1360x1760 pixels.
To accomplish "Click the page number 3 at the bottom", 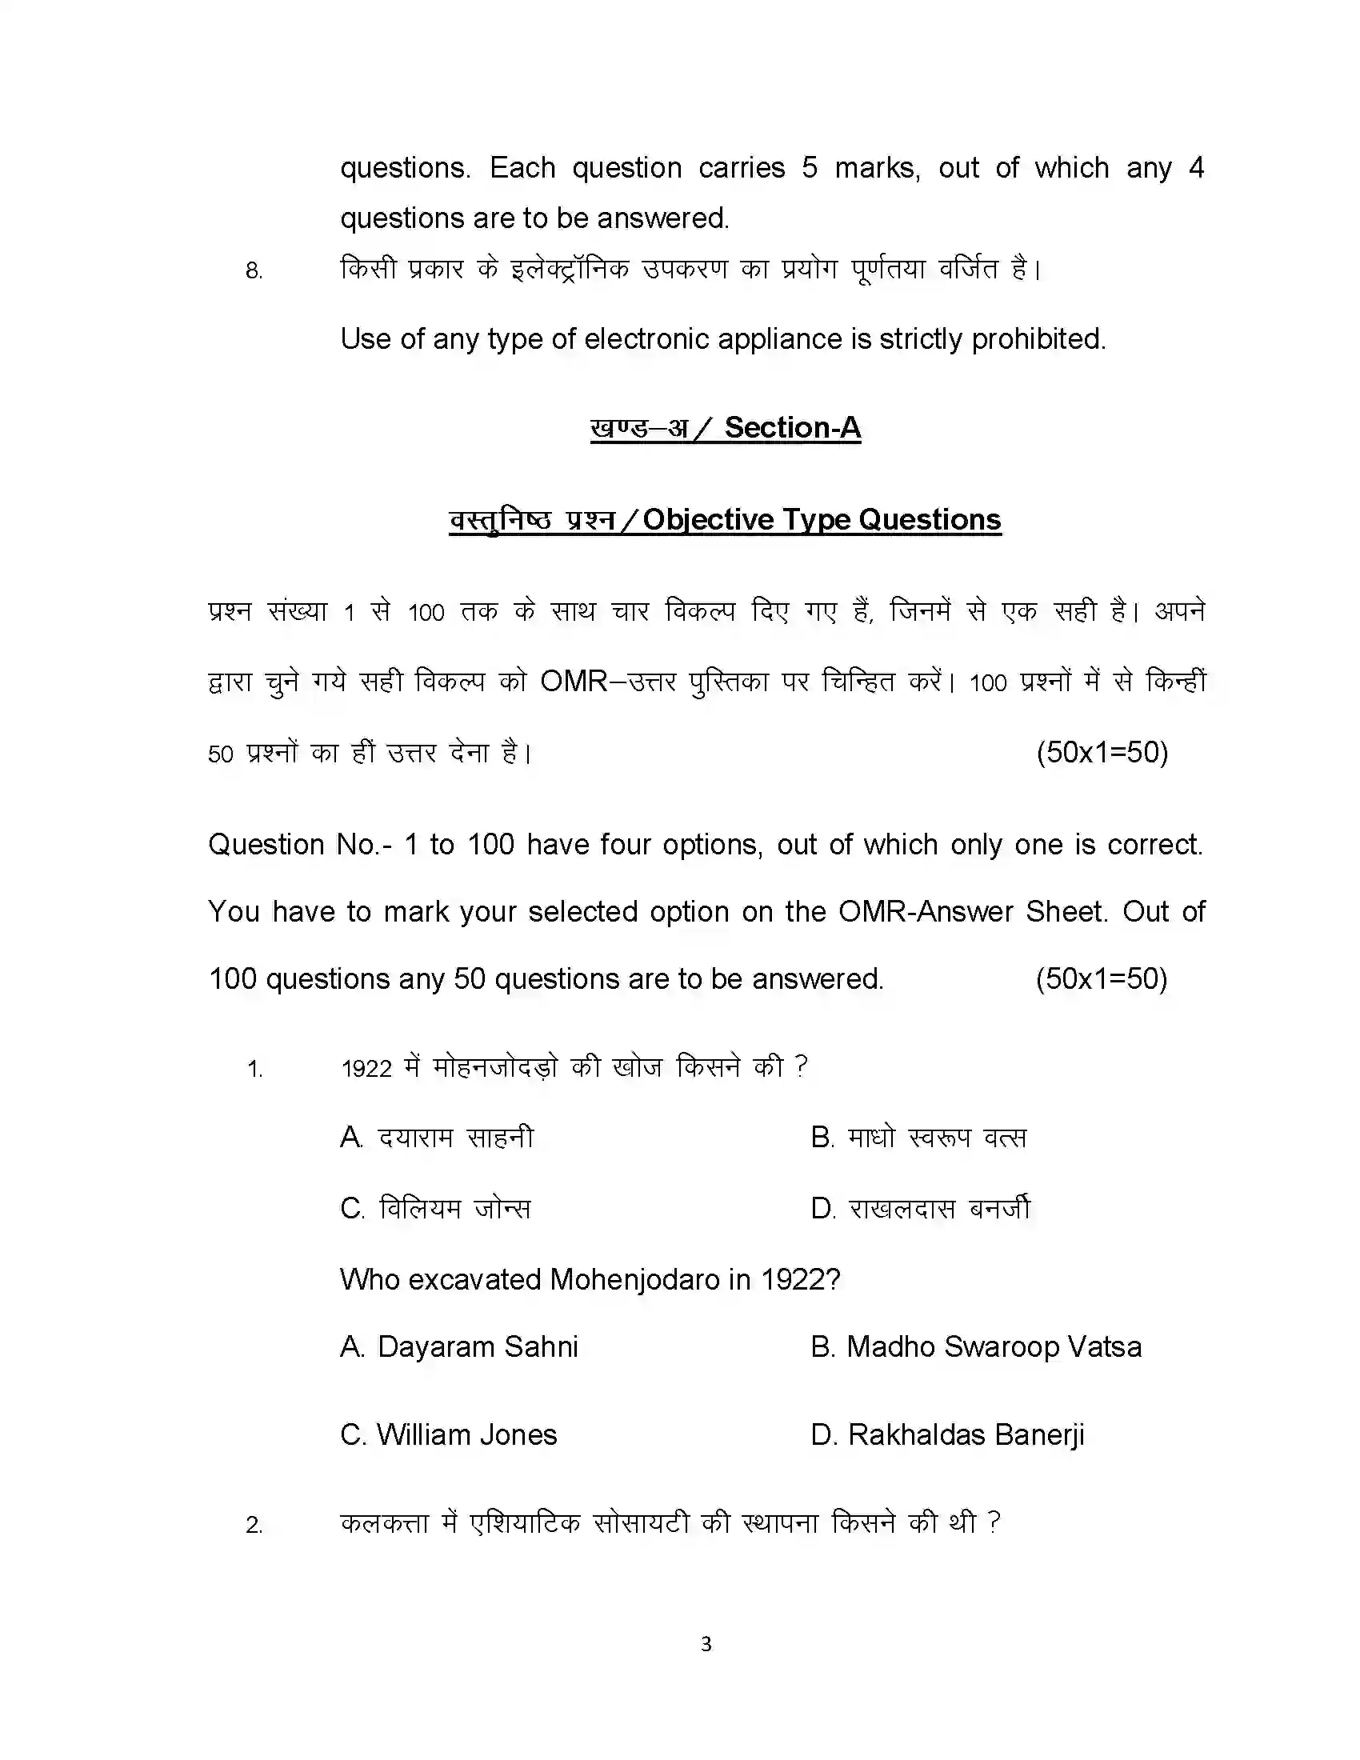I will [706, 1643].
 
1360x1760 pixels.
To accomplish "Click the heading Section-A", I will [792, 427].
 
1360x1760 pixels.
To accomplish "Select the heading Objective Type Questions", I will [822, 520].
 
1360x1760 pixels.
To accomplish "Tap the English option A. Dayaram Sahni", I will [459, 1346].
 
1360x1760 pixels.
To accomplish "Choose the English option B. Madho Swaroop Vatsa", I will [976, 1346].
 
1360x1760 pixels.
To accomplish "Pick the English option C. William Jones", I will [449, 1434].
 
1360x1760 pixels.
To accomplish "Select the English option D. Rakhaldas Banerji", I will [947, 1434].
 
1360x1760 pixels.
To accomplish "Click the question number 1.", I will [254, 1070].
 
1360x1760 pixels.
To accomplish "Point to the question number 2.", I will [254, 1525].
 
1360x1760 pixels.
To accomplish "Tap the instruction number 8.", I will [254, 270].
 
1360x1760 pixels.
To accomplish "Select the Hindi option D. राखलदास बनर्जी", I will [921, 1209].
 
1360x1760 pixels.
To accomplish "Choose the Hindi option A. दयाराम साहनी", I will [438, 1138].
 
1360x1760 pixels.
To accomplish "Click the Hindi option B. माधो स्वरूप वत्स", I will [918, 1138].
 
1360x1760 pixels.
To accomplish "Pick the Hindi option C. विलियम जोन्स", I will [436, 1209].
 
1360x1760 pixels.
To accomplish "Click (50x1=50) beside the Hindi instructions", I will [1102, 752].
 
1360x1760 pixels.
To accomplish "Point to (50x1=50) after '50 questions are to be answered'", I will [1102, 978].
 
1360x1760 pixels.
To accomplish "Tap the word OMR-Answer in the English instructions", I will [926, 911].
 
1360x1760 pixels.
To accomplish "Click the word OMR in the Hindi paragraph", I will [574, 682].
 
